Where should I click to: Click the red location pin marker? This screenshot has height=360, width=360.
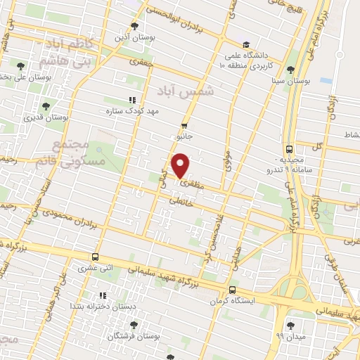tap(181, 166)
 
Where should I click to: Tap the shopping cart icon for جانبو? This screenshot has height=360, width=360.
tap(184, 126)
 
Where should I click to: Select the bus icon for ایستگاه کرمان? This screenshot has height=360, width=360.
tap(232, 290)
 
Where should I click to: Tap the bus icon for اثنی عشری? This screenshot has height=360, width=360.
tap(95, 257)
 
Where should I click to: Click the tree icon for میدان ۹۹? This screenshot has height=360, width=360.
tap(290, 326)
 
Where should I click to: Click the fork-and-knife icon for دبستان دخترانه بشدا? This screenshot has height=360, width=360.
tap(103, 295)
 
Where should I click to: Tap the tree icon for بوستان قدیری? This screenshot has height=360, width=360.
tap(46, 107)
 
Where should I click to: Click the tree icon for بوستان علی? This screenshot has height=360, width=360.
tap(4, 76)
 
